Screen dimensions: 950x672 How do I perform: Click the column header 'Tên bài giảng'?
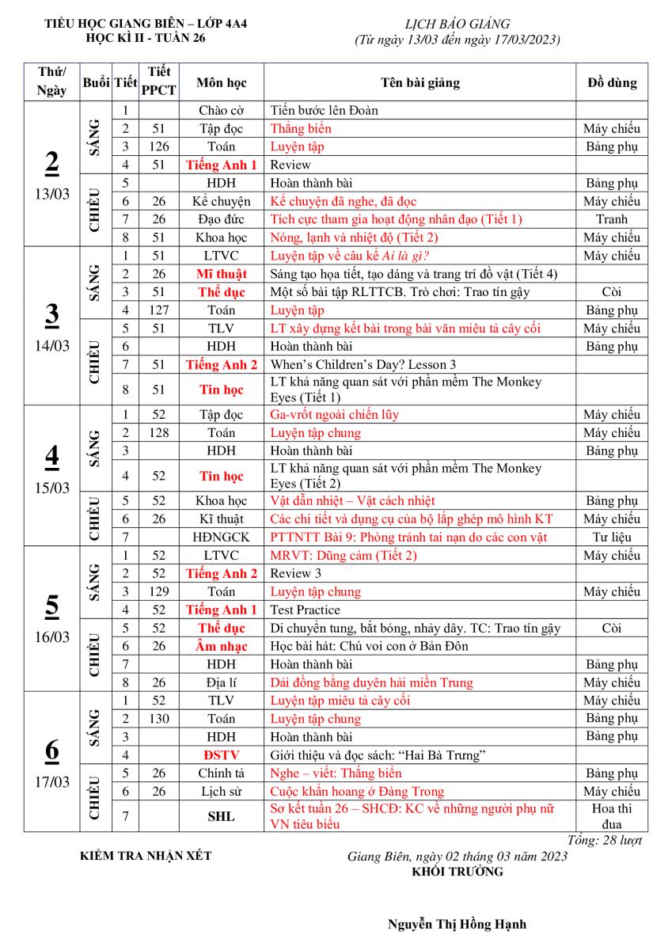[420, 82]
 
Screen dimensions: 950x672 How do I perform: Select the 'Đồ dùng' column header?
[611, 82]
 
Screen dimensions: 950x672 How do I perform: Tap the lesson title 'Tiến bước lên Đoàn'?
[325, 110]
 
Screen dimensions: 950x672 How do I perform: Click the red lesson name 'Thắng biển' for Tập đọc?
[301, 128]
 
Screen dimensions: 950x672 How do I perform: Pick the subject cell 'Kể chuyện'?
[221, 201]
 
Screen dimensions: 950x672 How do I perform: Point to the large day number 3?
[51, 313]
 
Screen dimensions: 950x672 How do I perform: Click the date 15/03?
[51, 488]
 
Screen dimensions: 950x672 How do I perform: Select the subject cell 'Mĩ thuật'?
[221, 274]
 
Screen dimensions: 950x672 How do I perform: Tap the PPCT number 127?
[159, 310]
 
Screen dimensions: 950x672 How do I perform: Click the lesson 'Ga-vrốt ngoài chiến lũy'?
[335, 414]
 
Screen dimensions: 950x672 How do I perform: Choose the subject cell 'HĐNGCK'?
[221, 537]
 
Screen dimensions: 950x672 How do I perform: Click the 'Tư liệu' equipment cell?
[611, 537]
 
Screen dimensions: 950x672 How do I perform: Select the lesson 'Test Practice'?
[306, 610]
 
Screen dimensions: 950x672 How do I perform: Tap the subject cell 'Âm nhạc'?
[221, 646]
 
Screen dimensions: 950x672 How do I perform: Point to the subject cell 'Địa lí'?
[221, 682]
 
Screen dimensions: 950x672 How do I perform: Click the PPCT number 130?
[159, 719]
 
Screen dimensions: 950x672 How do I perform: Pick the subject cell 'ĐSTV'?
[221, 755]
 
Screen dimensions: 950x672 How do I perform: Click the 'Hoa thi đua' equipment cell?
[611, 816]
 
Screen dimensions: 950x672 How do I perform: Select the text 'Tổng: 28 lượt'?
[606, 840]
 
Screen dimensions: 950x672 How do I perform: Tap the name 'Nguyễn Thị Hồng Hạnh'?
[457, 924]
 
